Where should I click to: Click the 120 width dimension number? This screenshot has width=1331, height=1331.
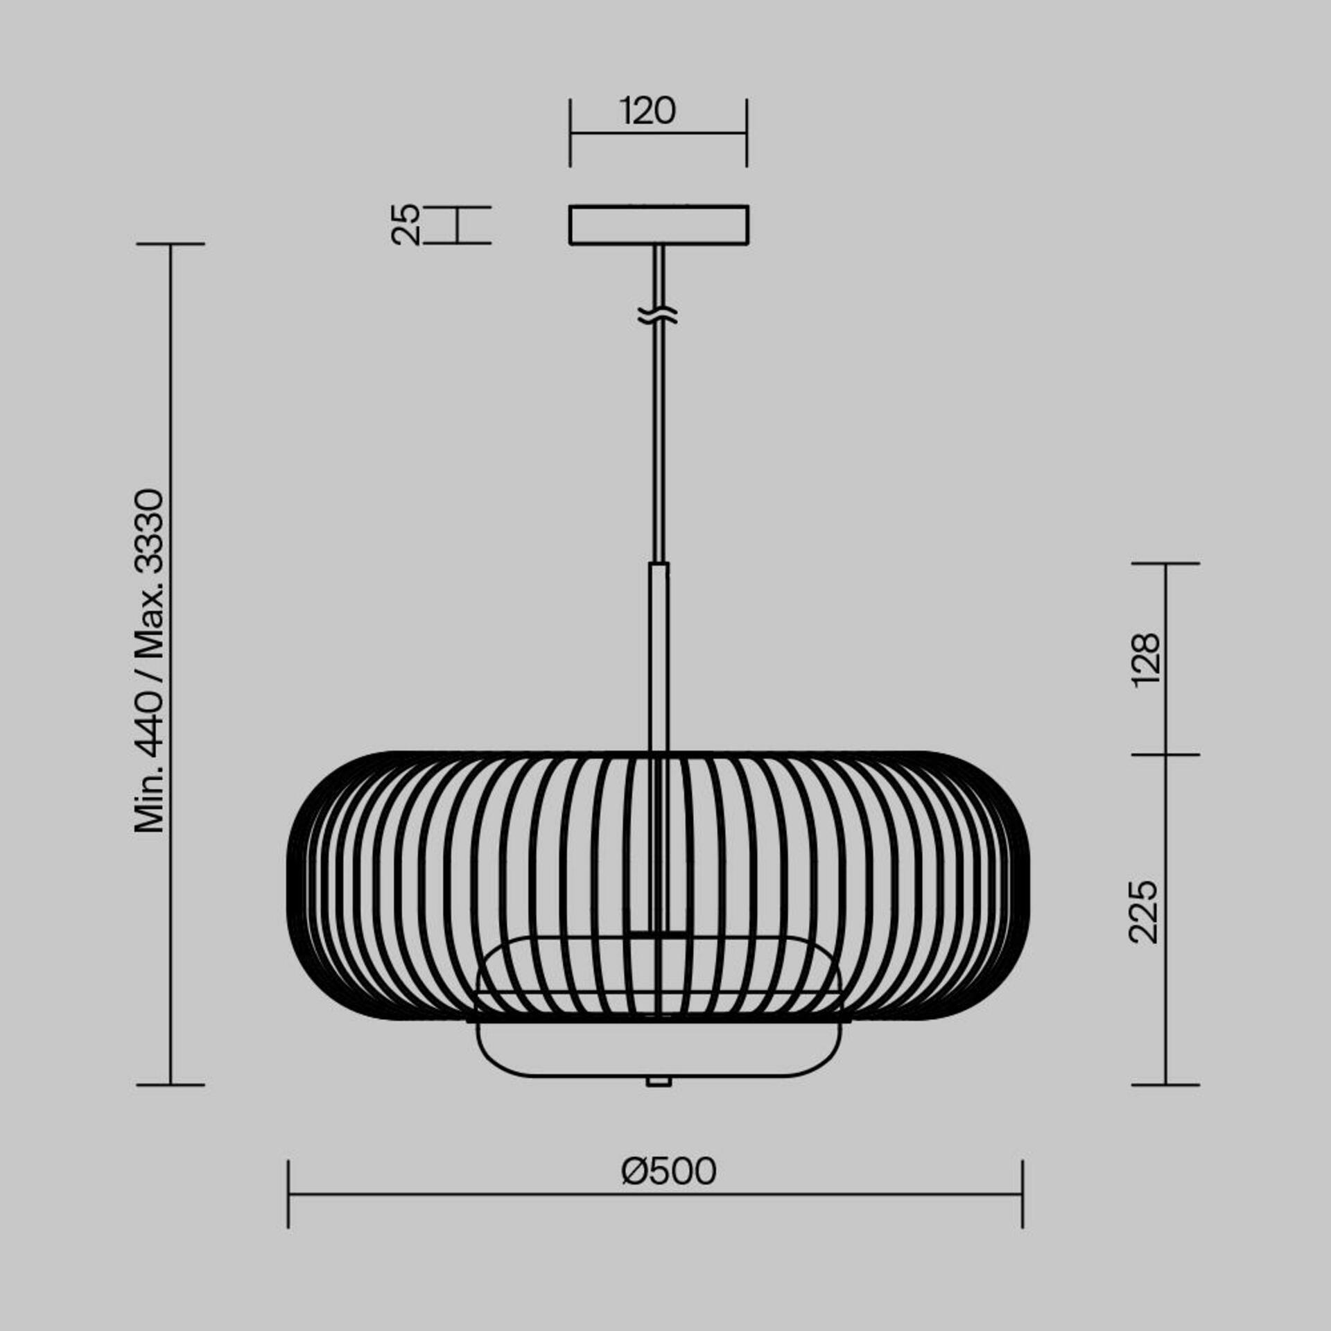(x=647, y=112)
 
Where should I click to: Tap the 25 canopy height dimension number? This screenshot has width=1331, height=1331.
(x=406, y=225)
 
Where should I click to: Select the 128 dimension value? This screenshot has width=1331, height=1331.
(x=1145, y=659)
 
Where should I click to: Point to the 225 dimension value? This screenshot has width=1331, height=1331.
(x=1144, y=912)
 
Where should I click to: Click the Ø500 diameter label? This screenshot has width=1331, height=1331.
(x=669, y=1172)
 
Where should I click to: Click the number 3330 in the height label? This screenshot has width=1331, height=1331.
(x=150, y=532)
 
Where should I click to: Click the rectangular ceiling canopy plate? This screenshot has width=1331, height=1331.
(x=659, y=225)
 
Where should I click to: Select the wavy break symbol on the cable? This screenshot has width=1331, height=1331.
(x=657, y=316)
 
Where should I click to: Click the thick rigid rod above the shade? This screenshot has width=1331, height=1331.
(x=659, y=655)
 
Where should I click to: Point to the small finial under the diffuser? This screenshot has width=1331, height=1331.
(x=658, y=1081)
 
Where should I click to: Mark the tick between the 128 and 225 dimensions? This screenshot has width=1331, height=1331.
(x=1165, y=754)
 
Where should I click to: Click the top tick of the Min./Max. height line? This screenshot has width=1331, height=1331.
(x=171, y=244)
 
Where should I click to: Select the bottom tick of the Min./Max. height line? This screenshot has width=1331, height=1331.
(x=171, y=1085)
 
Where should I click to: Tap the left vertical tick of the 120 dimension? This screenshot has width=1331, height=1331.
(x=570, y=132)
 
